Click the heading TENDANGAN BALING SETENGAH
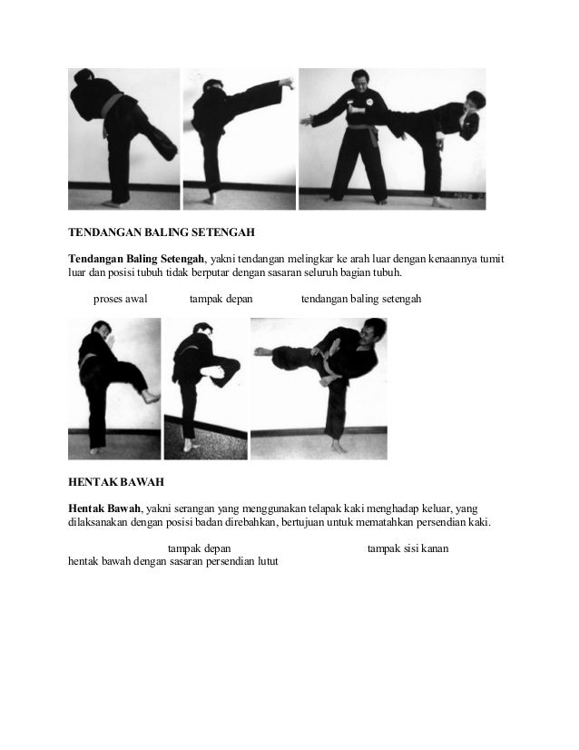pyautogui.click(x=153, y=232)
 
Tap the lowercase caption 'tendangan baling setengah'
pyautogui.click(x=360, y=298)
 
